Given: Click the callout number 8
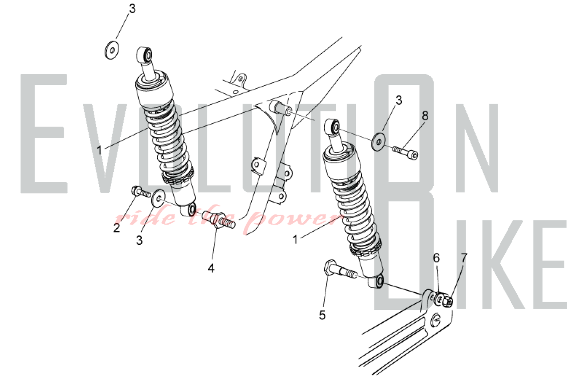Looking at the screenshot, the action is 425,116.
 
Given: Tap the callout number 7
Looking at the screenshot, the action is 464,258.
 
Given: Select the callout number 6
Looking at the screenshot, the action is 437,258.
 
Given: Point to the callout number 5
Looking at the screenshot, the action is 322,315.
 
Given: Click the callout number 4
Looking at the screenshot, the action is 211,268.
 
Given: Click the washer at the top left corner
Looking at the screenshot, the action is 112,50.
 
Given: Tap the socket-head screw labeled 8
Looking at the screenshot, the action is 406,153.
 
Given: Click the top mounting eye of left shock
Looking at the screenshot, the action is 144,55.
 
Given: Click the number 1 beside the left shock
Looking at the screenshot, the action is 100,150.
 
